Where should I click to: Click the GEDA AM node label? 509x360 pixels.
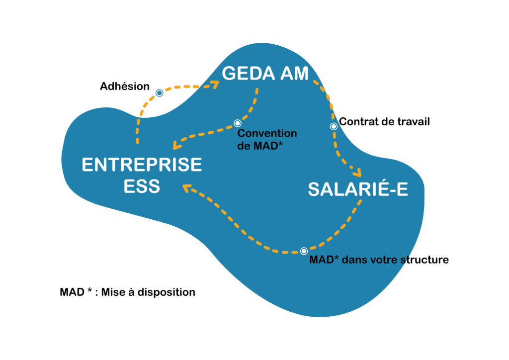click(265, 74)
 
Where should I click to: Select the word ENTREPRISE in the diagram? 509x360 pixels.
click(142, 165)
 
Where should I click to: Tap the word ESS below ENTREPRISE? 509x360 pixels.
click(142, 186)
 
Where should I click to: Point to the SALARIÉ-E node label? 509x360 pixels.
click(358, 189)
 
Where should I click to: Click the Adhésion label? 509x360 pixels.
click(125, 87)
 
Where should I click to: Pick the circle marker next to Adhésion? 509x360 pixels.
click(159, 93)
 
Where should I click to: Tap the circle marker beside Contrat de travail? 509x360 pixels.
click(334, 126)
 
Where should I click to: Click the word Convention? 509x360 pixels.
click(267, 133)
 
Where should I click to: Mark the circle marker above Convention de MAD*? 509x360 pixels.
click(238, 123)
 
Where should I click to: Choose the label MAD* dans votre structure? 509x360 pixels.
click(379, 260)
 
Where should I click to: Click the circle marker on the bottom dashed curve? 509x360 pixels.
click(304, 251)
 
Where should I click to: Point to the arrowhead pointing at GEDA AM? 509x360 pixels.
click(215, 85)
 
